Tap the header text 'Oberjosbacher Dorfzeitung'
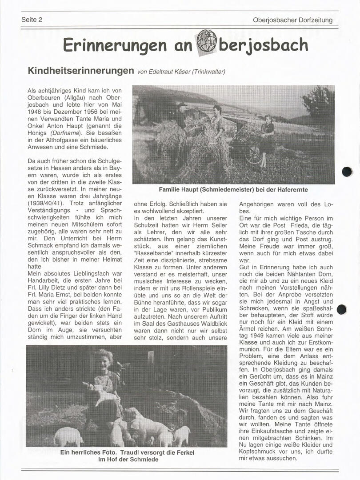click(x=292, y=20)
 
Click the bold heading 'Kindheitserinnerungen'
click(x=81, y=71)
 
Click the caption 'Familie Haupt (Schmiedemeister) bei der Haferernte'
click(x=233, y=190)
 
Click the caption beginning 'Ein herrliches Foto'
click(x=128, y=456)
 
